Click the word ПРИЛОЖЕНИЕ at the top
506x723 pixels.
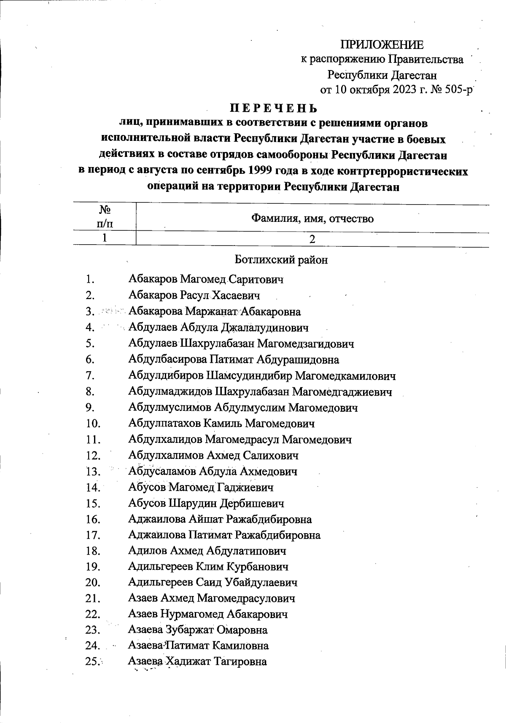(x=382, y=44)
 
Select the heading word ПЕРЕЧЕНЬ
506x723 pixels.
(x=273, y=108)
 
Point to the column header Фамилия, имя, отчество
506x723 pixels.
(x=312, y=219)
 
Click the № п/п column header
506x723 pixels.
(x=105, y=216)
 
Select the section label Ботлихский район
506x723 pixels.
(x=281, y=260)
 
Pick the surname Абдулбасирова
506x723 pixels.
(x=167, y=360)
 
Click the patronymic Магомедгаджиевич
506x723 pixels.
(x=342, y=392)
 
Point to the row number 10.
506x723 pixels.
(x=92, y=424)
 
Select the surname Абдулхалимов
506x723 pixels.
(x=166, y=456)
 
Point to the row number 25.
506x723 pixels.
(x=92, y=662)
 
